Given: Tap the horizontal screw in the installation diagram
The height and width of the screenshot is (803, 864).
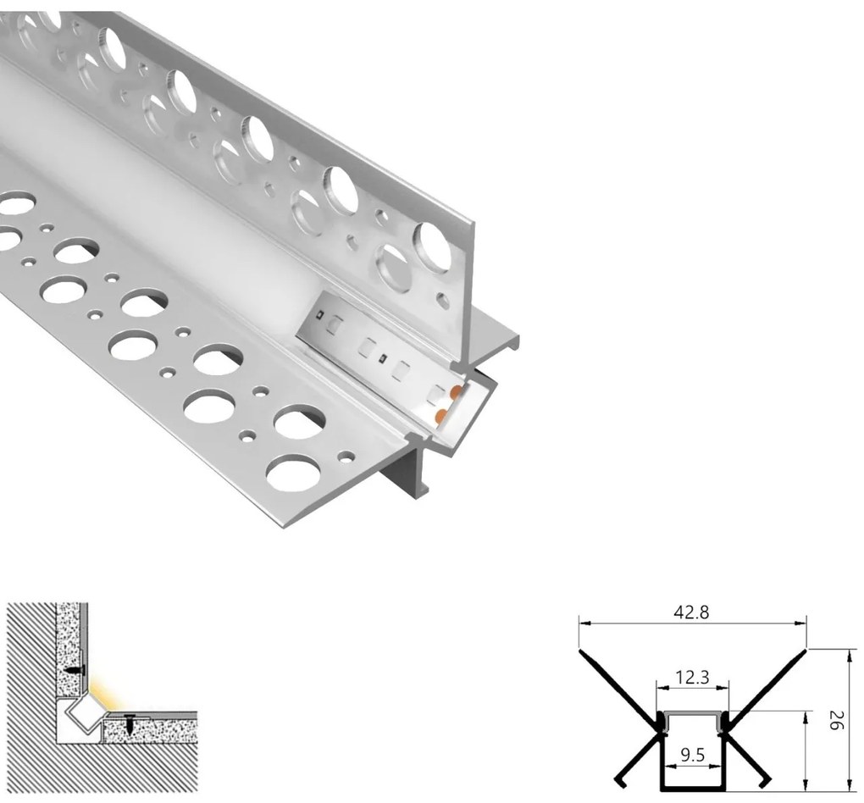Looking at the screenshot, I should [76, 669].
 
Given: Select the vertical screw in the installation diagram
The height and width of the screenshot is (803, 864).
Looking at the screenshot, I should [130, 723].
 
